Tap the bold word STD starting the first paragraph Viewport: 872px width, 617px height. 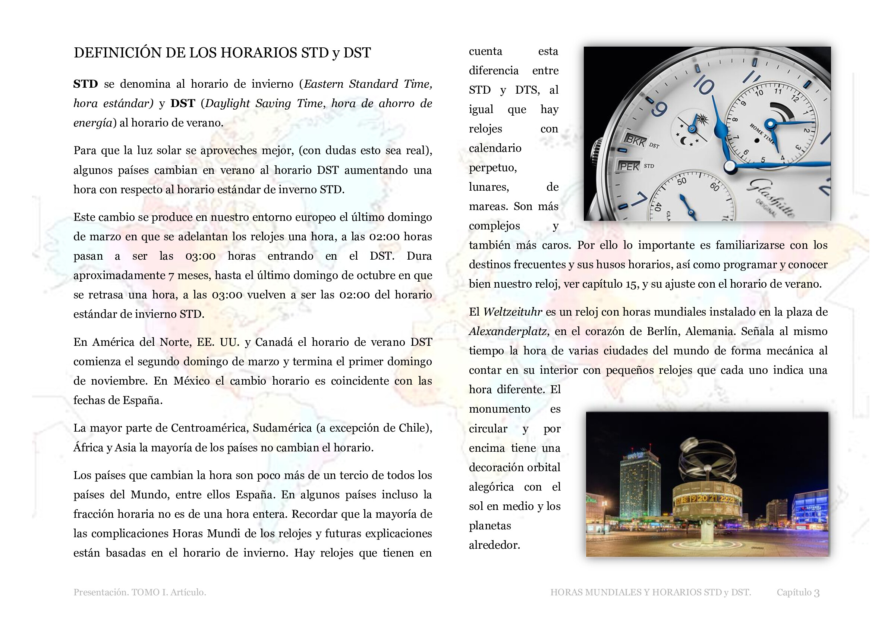pos(85,84)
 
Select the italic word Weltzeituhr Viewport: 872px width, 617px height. pos(512,312)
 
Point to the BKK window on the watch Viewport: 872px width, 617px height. pos(635,141)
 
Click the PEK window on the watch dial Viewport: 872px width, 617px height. pos(629,166)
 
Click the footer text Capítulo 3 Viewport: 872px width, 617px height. pos(798,592)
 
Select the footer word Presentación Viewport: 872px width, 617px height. pos(100,592)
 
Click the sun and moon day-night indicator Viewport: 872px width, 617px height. pos(692,129)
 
